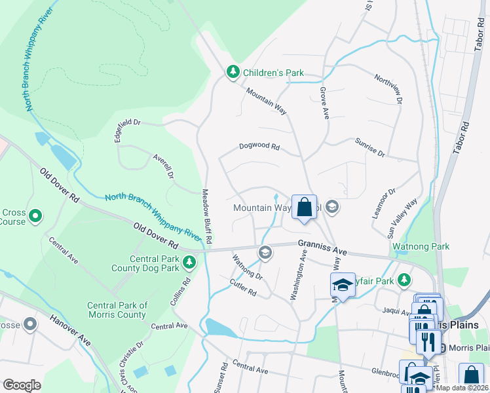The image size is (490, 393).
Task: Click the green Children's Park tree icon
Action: coord(232,72)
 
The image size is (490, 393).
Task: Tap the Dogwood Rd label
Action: coord(259,147)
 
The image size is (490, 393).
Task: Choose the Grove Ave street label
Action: coord(324,103)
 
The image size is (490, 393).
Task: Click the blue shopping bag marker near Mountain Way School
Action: coord(304,208)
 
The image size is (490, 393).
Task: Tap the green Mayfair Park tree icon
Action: coord(404,280)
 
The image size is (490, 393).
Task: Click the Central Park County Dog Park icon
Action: coord(189,263)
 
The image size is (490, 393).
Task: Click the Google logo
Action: coord(22,385)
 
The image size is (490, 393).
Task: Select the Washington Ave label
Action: coord(299,274)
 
